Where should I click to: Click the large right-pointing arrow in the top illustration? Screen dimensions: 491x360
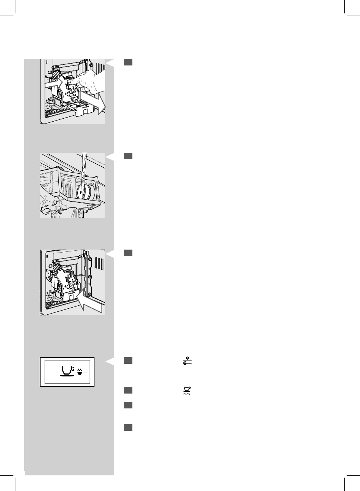coord(94,102)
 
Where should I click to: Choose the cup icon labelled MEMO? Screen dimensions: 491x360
coord(187,390)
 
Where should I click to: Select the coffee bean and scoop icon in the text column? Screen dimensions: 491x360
coord(187,361)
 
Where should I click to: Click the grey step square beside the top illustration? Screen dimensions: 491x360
coord(128,62)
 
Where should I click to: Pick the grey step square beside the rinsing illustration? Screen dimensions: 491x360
coord(128,156)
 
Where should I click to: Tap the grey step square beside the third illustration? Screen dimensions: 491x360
coord(128,253)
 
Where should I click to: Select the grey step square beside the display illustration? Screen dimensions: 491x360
coord(128,360)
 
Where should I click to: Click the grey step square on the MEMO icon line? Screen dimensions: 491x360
coord(128,390)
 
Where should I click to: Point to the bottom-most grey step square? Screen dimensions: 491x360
coord(128,427)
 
